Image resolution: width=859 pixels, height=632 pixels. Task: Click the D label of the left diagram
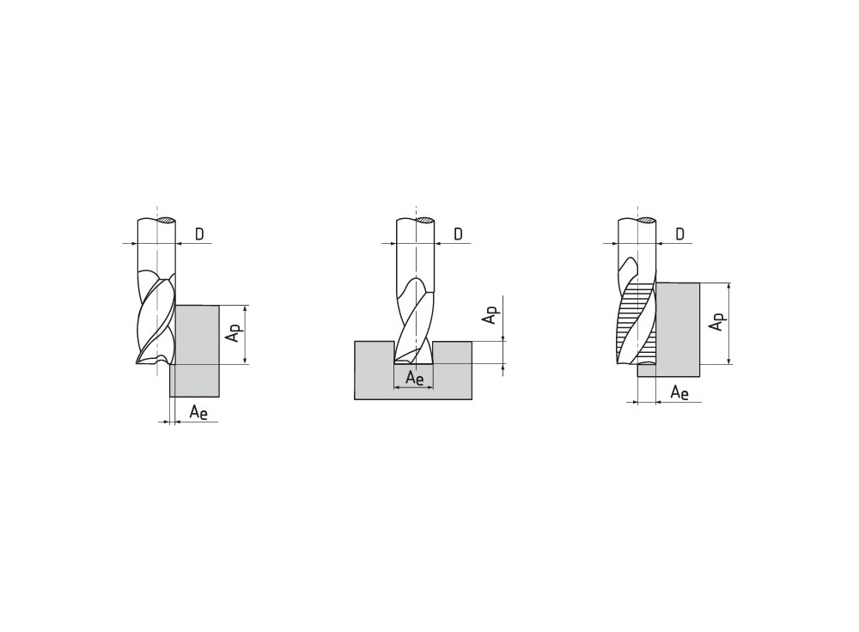[199, 234]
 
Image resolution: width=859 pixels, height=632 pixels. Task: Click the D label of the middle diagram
[458, 234]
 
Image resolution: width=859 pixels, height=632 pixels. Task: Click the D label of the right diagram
[679, 234]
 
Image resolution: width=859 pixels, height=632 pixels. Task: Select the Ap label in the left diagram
[235, 332]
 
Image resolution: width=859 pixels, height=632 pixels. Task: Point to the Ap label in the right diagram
[717, 321]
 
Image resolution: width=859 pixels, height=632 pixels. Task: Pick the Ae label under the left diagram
[198, 412]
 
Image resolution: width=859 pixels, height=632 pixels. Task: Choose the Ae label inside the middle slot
[415, 379]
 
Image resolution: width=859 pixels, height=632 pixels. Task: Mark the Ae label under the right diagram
[679, 392]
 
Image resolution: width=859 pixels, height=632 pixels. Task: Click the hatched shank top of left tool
[166, 220]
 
